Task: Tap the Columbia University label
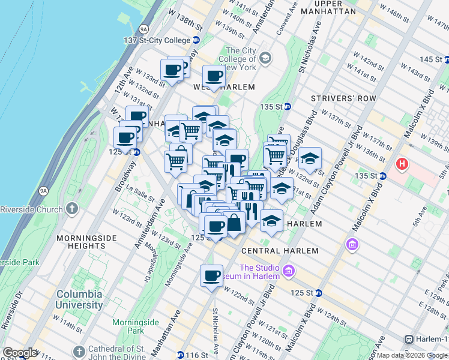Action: coord(80,300)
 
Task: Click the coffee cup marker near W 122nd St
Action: coord(211,276)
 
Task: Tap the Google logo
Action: coord(20,353)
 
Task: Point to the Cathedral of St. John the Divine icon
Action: coord(79,352)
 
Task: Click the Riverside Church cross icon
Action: coord(72,209)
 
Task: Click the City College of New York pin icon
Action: coord(265,59)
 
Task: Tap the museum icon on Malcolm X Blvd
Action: coord(352,245)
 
